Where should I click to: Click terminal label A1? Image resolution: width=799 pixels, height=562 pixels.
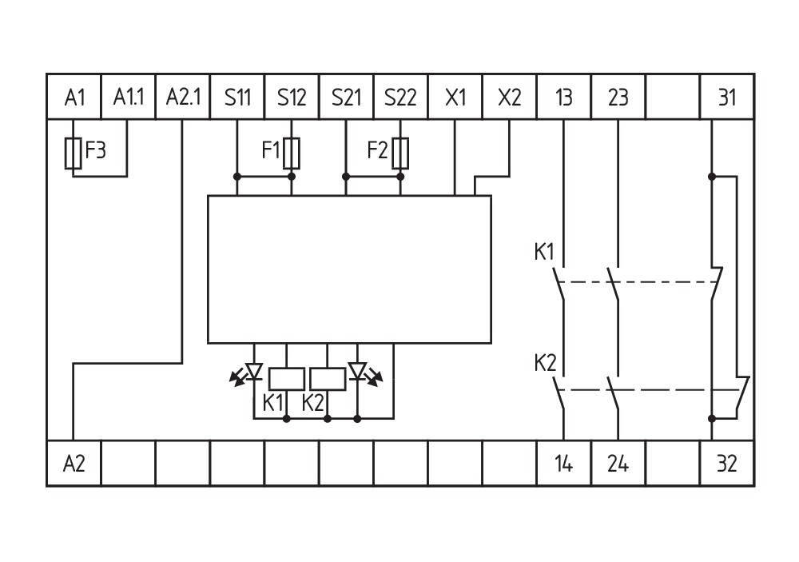pyautogui.click(x=74, y=98)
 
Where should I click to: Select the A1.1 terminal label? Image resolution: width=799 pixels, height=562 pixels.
pyautogui.click(x=128, y=98)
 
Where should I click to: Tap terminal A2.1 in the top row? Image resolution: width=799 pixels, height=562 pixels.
pyautogui.click(x=183, y=98)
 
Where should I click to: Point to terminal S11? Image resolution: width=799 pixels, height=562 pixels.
pyautogui.click(x=237, y=98)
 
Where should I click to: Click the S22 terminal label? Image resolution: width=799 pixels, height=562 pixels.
pyautogui.click(x=400, y=98)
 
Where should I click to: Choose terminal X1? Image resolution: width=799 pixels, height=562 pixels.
pyautogui.click(x=455, y=98)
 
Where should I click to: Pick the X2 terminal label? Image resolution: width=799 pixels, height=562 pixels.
pyautogui.click(x=509, y=98)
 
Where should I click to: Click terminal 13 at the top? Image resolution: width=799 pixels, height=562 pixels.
pyautogui.click(x=564, y=98)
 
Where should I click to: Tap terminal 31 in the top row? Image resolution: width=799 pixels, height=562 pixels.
pyautogui.click(x=726, y=98)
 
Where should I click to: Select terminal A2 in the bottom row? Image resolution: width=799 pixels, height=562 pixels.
pyautogui.click(x=74, y=463)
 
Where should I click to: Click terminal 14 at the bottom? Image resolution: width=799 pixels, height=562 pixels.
pyautogui.click(x=564, y=463)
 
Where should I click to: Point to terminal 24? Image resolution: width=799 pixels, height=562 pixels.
pyautogui.click(x=618, y=463)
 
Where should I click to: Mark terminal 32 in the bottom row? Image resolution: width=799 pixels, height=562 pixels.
pyautogui.click(x=726, y=463)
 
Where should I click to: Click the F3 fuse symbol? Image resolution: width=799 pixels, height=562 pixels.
pyautogui.click(x=74, y=153)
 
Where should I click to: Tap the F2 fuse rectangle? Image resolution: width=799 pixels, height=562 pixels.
pyautogui.click(x=400, y=151)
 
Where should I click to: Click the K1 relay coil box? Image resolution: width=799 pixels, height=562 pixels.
pyautogui.click(x=285, y=378)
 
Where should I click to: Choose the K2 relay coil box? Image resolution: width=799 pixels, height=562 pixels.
pyautogui.click(x=327, y=378)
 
